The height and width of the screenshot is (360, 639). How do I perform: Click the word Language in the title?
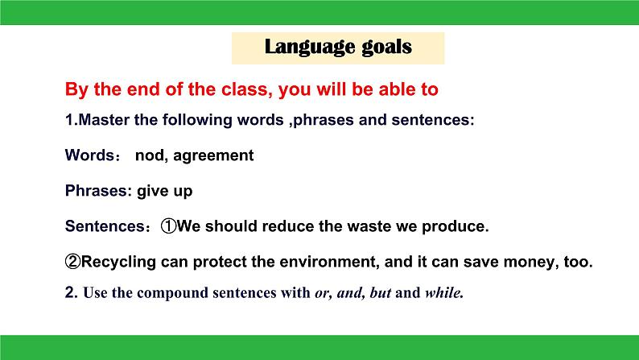[305, 47]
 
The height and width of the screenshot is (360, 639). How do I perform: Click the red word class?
[246, 89]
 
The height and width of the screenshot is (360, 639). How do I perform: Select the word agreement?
[213, 156]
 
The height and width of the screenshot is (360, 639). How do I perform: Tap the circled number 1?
[168, 226]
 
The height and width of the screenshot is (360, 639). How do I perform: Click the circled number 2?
[73, 261]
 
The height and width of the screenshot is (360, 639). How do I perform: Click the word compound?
[172, 293]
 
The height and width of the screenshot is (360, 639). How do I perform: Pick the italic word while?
[444, 292]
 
